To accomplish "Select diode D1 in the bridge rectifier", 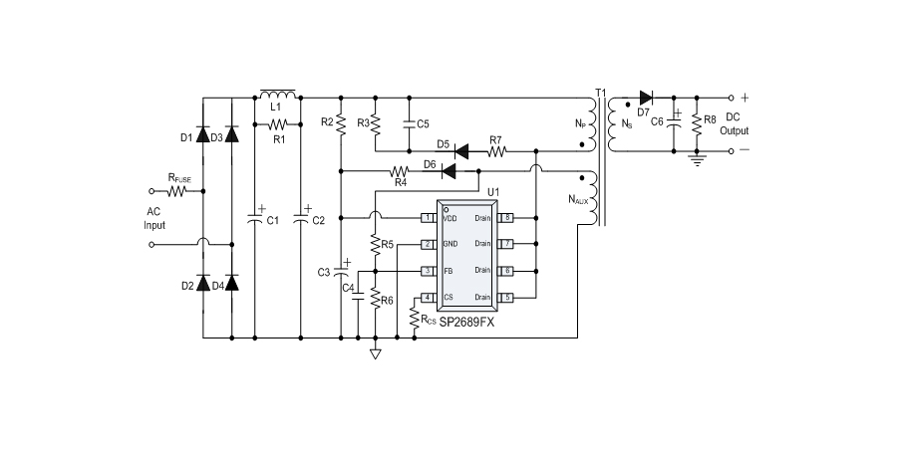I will coord(203,136).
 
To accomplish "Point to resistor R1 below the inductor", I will coord(278,124).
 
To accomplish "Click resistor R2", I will coord(341,122).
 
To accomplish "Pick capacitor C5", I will coord(409,124).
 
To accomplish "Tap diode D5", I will coord(461,152).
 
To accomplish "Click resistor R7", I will coord(495,152).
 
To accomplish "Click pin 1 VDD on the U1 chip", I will coord(427,217).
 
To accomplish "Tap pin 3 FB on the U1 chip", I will coord(427,271).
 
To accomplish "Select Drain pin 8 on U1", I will coord(508,217).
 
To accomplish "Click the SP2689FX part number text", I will coord(466,321).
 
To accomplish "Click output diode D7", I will coord(645,98).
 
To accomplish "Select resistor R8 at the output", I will coord(696,124).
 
